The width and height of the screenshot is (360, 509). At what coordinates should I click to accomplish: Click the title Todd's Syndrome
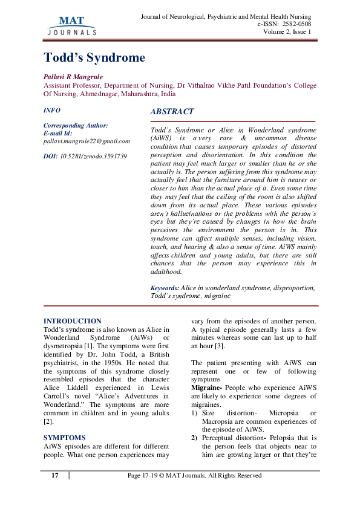[x=94, y=58]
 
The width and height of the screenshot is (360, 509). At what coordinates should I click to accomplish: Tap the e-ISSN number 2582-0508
[x=296, y=24]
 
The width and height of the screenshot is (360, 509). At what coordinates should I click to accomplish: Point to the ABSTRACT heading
[x=172, y=112]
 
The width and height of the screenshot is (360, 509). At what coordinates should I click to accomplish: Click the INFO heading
[x=52, y=111]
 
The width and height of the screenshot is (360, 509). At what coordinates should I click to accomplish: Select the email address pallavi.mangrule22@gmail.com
[x=87, y=141]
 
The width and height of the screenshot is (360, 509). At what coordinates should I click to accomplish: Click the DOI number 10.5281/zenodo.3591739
[x=93, y=156]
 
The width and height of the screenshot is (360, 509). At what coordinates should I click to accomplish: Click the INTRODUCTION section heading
[x=73, y=321]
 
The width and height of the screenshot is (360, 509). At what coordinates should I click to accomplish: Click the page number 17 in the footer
[x=54, y=476]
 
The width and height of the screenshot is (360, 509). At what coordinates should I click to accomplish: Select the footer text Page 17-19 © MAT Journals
[x=194, y=476]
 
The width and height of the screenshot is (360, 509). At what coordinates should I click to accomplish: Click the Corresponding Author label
[x=76, y=126]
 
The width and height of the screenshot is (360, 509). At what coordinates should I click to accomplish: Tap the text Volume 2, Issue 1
[x=287, y=31]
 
